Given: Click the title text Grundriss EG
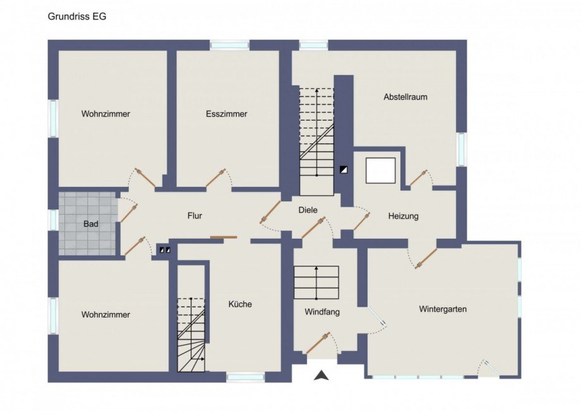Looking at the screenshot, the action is [x=77, y=16].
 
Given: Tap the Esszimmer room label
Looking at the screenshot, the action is [x=226, y=114].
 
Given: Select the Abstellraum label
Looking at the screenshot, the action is [x=405, y=97].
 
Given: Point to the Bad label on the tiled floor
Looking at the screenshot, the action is [x=91, y=224].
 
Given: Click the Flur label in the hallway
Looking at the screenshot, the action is [x=195, y=215].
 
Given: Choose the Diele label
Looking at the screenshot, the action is [x=308, y=210].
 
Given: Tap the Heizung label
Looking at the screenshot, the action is [x=403, y=216].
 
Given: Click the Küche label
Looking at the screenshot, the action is [x=240, y=304].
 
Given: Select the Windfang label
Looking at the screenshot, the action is [x=322, y=312].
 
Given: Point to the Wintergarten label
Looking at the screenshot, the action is [x=443, y=309].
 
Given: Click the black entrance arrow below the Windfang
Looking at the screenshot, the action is [x=321, y=375].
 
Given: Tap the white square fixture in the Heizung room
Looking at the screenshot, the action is [x=381, y=170].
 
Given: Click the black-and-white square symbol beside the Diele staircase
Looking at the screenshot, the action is [x=344, y=170].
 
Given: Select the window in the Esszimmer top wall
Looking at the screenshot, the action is [x=229, y=45].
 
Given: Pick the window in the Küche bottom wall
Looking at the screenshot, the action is [x=246, y=378].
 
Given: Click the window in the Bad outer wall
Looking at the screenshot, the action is [x=53, y=219].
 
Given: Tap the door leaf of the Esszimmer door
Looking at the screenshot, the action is [x=216, y=178].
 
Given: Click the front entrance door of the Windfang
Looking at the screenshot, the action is [x=318, y=343].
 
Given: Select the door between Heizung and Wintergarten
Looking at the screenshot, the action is [x=426, y=258].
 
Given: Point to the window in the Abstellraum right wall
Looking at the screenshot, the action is [x=461, y=150].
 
